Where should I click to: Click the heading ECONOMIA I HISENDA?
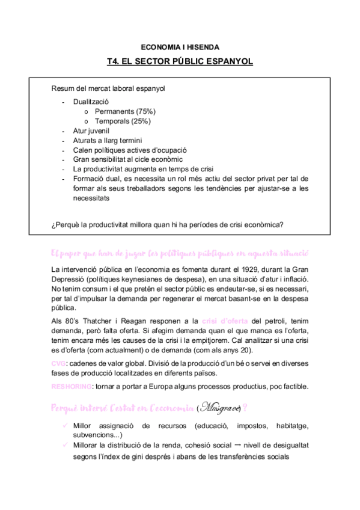pyautogui.click(x=180, y=46)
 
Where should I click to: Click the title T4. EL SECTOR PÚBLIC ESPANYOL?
pyautogui.click(x=180, y=61)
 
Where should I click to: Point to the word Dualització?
pyautogui.click(x=91, y=102)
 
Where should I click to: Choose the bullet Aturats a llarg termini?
pyautogui.click(x=108, y=140)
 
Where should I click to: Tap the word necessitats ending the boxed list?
pyautogui.click(x=91, y=197)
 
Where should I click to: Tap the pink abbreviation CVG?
pyautogui.click(x=59, y=363)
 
